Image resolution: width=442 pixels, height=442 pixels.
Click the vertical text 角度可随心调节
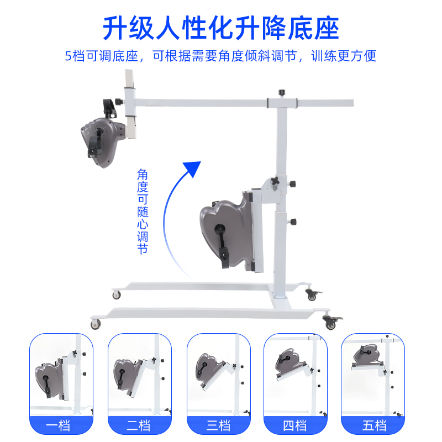[x=143, y=211]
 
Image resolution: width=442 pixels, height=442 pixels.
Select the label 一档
[x=61, y=425]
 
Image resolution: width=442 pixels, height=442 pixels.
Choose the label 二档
[x=140, y=425]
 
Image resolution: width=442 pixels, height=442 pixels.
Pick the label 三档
[x=219, y=425]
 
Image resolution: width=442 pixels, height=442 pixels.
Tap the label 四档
[x=296, y=425]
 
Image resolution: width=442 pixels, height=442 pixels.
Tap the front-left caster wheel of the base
[x=96, y=324]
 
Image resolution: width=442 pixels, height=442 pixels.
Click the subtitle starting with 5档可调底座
[x=221, y=56]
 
